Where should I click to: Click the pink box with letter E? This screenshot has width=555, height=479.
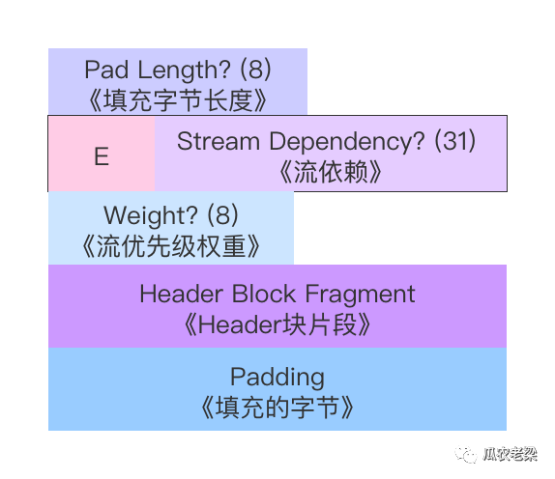tap(102, 154)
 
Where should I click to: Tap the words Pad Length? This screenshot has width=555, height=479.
tap(158, 70)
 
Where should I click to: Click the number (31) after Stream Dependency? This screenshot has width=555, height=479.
tap(454, 141)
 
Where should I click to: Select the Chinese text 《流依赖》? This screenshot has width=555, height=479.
tap(331, 172)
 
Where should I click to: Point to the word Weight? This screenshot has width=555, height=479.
tap(151, 215)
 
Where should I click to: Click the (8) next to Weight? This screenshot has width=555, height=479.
tap(222, 215)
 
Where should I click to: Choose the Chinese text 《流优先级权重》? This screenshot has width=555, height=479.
tap(171, 246)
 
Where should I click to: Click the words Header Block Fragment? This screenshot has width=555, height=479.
tap(277, 294)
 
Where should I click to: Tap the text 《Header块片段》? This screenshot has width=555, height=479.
tap(277, 324)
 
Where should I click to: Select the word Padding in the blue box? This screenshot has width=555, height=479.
tap(277, 378)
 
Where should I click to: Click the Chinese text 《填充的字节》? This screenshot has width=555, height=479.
tap(277, 408)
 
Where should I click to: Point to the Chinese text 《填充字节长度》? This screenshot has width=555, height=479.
tap(177, 100)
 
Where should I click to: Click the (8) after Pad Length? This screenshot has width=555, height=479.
tap(255, 70)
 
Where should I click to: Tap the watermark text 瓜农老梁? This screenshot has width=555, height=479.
tap(511, 454)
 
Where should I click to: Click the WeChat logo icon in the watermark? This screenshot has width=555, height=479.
tap(466, 455)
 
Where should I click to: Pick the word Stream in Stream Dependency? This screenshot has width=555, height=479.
tap(219, 141)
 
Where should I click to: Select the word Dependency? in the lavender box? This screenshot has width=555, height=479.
tap(347, 142)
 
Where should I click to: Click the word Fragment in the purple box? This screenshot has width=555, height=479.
tap(360, 295)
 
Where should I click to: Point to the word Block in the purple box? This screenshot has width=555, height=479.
tap(264, 294)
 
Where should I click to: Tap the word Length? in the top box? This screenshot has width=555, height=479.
tap(185, 70)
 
